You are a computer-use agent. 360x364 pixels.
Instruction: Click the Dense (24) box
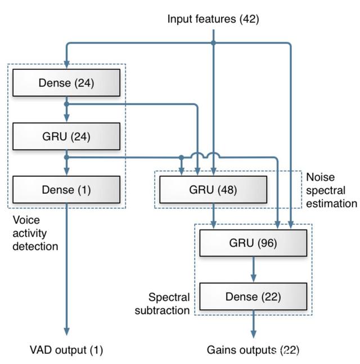tap(66, 83)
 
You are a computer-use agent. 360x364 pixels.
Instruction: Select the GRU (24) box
tap(66, 136)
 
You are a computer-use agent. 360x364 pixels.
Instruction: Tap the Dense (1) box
tap(66, 190)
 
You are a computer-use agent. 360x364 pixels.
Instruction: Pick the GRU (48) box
tap(213, 190)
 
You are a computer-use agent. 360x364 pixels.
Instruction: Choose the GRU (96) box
tap(253, 243)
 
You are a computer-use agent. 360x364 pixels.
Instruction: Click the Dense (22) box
tap(253, 296)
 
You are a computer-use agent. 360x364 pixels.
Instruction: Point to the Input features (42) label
tap(213, 19)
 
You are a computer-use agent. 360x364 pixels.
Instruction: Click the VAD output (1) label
tap(66, 350)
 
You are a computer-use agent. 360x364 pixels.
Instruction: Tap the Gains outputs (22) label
tap(253, 350)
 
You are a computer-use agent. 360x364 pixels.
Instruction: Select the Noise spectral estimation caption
tap(331, 190)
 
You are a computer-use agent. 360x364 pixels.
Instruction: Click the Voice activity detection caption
tap(35, 233)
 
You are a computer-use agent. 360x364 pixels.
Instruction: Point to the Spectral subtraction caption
tap(162, 304)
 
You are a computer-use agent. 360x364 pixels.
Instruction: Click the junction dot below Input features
tap(213, 43)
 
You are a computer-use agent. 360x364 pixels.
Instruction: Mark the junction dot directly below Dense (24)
tap(66, 104)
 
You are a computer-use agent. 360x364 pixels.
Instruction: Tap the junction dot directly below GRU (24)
tap(66, 158)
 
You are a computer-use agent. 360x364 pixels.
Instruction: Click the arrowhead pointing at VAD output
tap(66, 331)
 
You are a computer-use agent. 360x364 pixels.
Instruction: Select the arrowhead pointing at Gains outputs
tap(254, 334)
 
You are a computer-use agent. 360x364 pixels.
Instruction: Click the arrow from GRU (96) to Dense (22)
tap(254, 269)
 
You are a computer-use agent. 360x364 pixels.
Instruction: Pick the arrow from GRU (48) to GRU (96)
tap(213, 216)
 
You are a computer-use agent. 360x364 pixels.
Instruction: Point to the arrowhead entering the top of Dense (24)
tap(66, 64)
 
